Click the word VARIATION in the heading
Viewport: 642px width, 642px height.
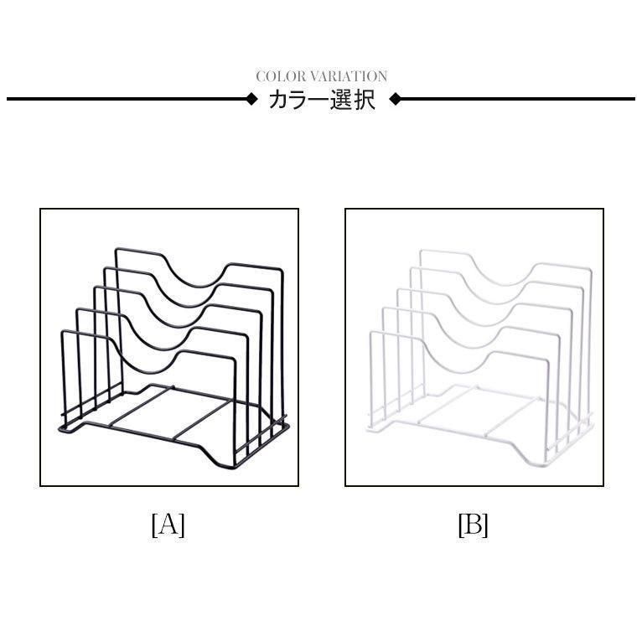349,76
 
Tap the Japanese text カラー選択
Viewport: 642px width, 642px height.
322,100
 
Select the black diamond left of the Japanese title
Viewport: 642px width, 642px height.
251,99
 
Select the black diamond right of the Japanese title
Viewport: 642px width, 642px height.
395,99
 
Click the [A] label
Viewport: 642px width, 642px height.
168,525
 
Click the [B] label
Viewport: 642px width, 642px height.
474,525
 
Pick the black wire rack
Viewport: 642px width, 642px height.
174,357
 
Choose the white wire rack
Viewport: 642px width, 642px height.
479,357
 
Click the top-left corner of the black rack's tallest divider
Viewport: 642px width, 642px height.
116,249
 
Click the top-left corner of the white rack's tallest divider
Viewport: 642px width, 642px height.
421,250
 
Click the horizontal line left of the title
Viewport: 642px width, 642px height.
126,99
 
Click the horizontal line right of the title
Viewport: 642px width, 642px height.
518,99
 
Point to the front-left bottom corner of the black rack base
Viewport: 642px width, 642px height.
60,429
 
